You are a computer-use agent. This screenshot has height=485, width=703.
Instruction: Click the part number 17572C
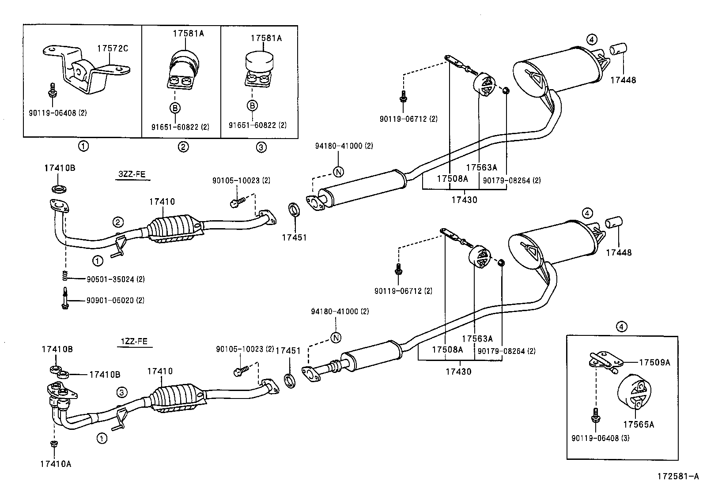[x=113, y=49]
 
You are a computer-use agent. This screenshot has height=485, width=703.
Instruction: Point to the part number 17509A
[x=654, y=362]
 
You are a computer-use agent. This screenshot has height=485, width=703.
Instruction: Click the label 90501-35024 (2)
[x=115, y=279]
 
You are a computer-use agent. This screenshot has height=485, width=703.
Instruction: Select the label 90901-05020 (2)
[x=115, y=301]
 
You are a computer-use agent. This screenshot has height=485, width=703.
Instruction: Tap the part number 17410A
[x=55, y=463]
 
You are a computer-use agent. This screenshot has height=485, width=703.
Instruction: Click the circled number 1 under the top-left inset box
[x=83, y=147]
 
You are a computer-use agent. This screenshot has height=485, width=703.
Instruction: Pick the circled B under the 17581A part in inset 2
[x=175, y=107]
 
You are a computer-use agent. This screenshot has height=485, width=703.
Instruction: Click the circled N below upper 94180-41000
[x=339, y=172]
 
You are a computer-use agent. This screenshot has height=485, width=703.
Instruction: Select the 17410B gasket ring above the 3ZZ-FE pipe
[x=59, y=189]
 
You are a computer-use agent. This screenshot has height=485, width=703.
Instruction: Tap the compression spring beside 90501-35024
[x=65, y=276]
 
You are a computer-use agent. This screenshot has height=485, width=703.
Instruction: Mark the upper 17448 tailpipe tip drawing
[x=619, y=49]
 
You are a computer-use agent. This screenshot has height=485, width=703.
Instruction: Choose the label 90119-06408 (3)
[x=600, y=438]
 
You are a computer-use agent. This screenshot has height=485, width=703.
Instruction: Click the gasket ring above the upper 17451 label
[x=294, y=210]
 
